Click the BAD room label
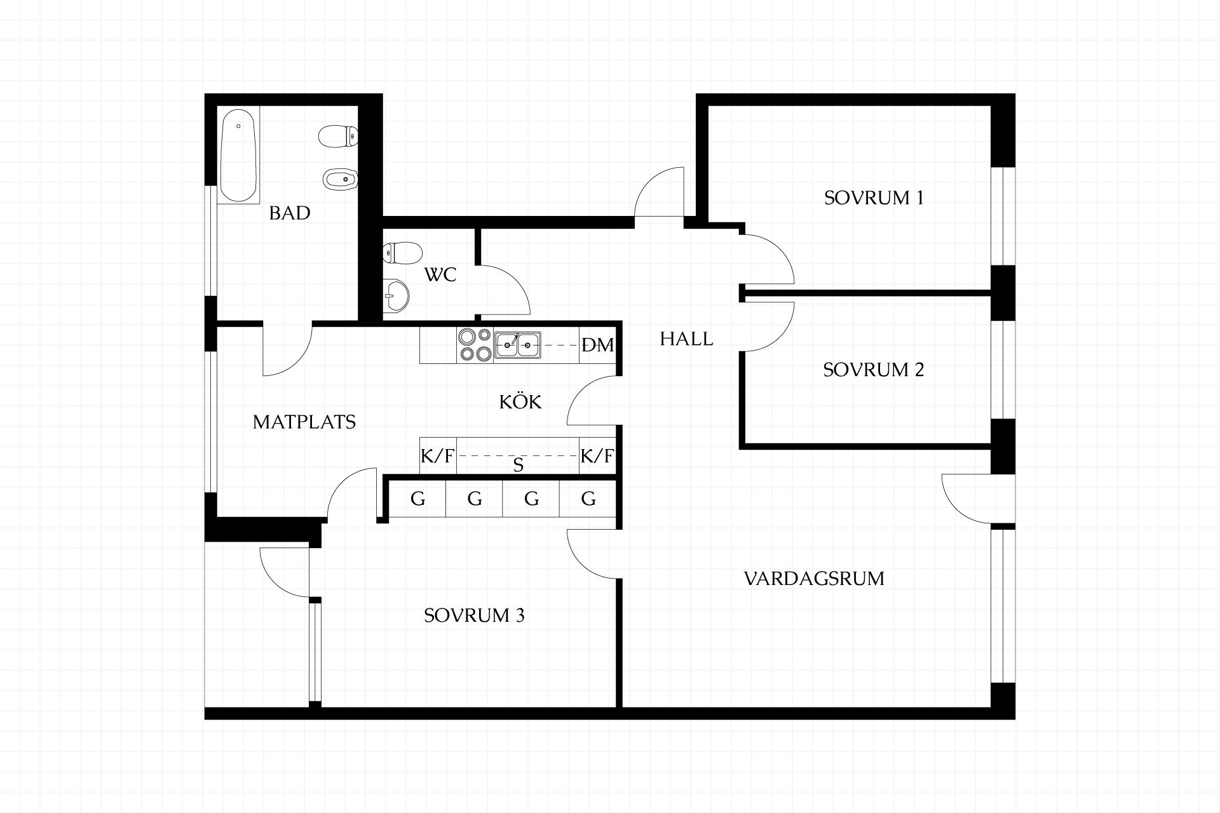pos(290,213)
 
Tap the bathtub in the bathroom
pos(238,156)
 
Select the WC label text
pos(440,275)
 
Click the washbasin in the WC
pos(396,295)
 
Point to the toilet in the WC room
pos(403,253)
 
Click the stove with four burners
pos(475,345)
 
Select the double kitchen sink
pos(518,345)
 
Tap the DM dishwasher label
pos(598,345)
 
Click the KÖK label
pos(520,401)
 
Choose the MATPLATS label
pos(304,422)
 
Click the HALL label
pos(686,339)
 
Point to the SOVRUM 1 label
pos(874,198)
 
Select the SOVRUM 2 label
pos(874,369)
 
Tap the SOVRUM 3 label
pos(474,615)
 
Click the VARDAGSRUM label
pos(814,579)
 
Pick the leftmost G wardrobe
pos(417,499)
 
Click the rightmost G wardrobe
pos(588,499)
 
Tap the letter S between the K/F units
pos(518,466)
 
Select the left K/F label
pos(437,456)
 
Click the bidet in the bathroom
pos(339,180)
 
